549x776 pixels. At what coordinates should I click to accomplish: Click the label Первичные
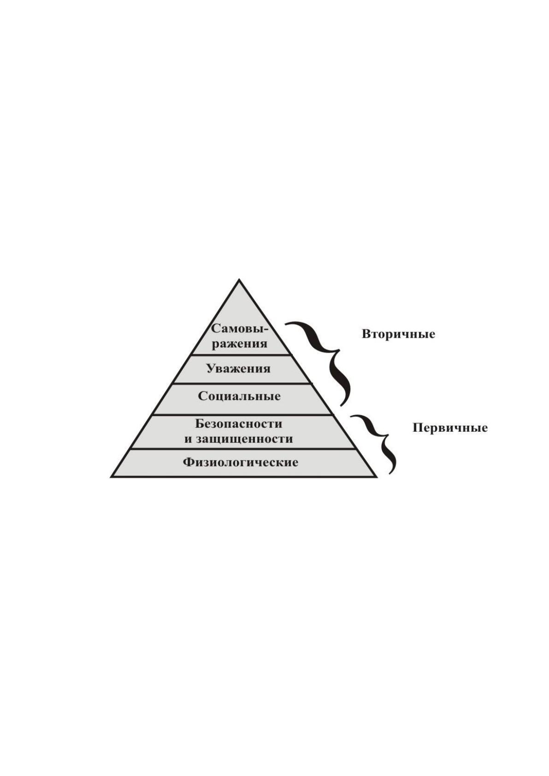[450, 428]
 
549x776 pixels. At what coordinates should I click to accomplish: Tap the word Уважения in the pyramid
[238, 369]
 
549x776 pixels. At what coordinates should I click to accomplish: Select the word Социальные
[239, 396]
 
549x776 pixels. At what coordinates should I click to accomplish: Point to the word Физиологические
[241, 463]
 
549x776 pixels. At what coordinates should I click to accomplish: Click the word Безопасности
[238, 423]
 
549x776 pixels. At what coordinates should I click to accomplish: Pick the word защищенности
[244, 439]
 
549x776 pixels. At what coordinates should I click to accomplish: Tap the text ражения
[240, 344]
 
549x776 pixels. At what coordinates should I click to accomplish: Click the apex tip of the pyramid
[239, 279]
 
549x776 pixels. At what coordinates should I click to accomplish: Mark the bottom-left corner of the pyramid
[111, 477]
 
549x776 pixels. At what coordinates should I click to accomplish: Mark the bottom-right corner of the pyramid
[377, 477]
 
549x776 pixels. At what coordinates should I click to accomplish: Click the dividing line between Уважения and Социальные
[242, 383]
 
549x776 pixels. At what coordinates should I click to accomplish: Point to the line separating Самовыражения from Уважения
[241, 355]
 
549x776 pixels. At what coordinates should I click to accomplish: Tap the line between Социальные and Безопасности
[242, 414]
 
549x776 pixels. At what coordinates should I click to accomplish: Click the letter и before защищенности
[188, 440]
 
